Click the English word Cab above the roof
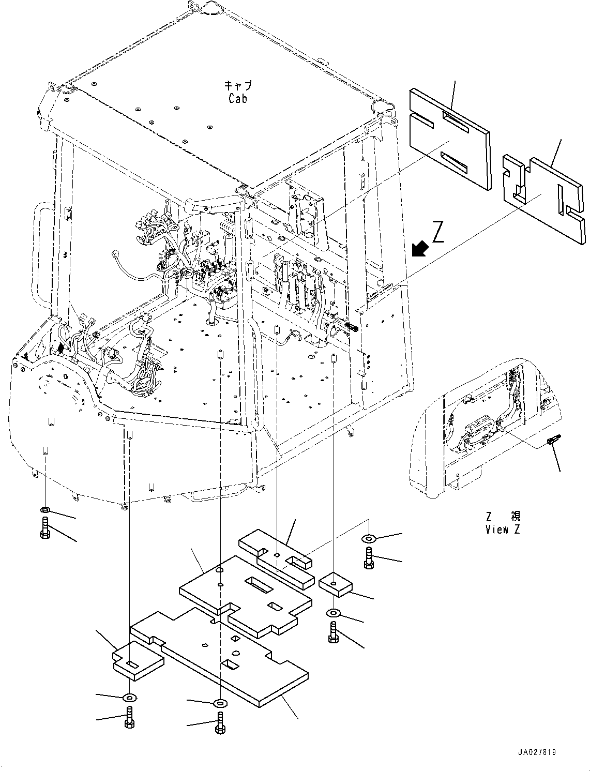[237, 98]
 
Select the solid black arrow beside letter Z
[420, 249]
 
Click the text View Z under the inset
[503, 529]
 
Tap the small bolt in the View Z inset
[552, 441]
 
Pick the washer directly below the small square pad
[334, 613]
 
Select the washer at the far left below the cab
[45, 511]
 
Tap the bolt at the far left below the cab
[44, 530]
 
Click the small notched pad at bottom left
[138, 659]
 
